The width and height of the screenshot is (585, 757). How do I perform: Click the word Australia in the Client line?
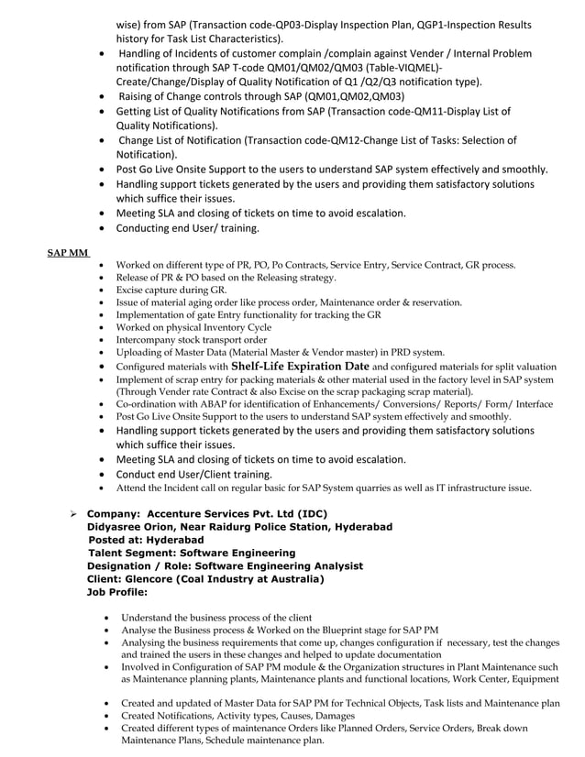coord(291,579)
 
